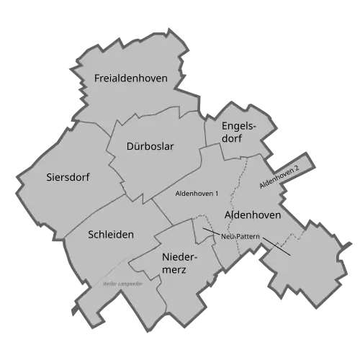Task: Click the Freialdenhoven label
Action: [131, 78]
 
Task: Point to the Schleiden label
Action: [110, 234]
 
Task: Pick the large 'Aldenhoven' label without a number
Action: [252, 215]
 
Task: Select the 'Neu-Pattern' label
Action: [240, 236]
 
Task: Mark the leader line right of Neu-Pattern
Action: [276, 246]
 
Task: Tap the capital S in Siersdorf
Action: [48, 177]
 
